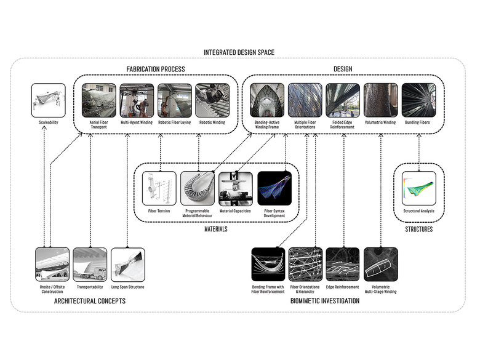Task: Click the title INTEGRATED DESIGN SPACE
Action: click(239, 53)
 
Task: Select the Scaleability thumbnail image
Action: click(48, 100)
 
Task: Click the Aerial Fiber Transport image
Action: click(98, 100)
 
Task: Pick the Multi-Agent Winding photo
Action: click(137, 100)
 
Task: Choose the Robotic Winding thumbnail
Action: click(212, 100)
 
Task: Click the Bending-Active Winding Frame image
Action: click(266, 100)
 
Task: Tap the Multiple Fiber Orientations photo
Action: click(305, 100)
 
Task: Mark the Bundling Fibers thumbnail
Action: click(418, 100)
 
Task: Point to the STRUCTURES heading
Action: click(418, 230)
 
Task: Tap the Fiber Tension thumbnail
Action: click(159, 188)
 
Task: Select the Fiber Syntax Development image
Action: click(274, 188)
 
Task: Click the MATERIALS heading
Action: click(216, 230)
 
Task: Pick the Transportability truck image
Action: click(90, 264)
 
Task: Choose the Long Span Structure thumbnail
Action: click(128, 264)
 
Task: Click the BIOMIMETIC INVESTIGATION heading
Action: click(325, 301)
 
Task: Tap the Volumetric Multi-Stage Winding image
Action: click(381, 264)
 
